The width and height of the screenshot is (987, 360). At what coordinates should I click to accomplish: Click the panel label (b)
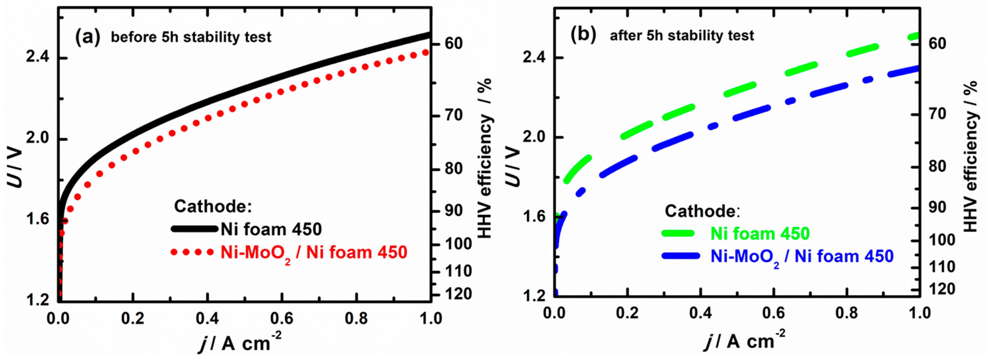583,35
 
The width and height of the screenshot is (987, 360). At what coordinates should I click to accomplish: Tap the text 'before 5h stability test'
191,37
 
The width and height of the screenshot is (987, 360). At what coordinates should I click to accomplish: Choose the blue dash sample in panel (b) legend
680,256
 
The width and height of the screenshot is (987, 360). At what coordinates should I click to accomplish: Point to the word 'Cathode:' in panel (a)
213,206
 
